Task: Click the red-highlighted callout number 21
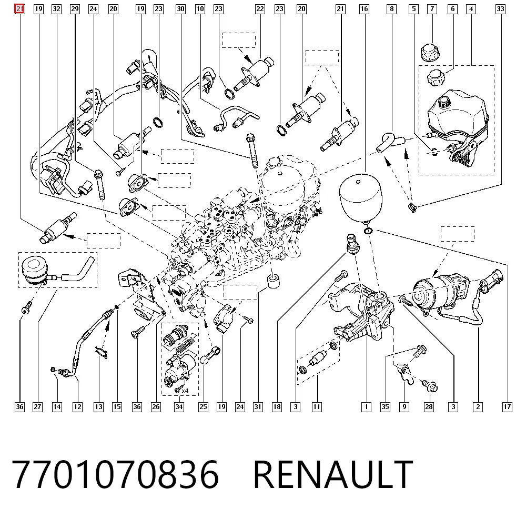[x=19, y=9]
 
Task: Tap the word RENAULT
[x=333, y=475]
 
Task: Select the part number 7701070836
[x=115, y=475]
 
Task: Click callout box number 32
[x=57, y=9]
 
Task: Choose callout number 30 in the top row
[x=180, y=9]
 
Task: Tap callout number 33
[x=500, y=9]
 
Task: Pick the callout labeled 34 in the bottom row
[x=179, y=407]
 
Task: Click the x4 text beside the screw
[x=185, y=391]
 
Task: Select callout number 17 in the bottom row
[x=507, y=407]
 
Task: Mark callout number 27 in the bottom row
[x=37, y=407]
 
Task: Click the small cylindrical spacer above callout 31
[x=274, y=281]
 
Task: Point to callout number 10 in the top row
[x=200, y=9]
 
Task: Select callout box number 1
[x=366, y=407]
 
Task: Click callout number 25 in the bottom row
[x=203, y=407]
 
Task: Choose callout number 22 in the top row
[x=260, y=9]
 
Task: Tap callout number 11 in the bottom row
[x=317, y=407]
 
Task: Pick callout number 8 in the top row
[x=391, y=9]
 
